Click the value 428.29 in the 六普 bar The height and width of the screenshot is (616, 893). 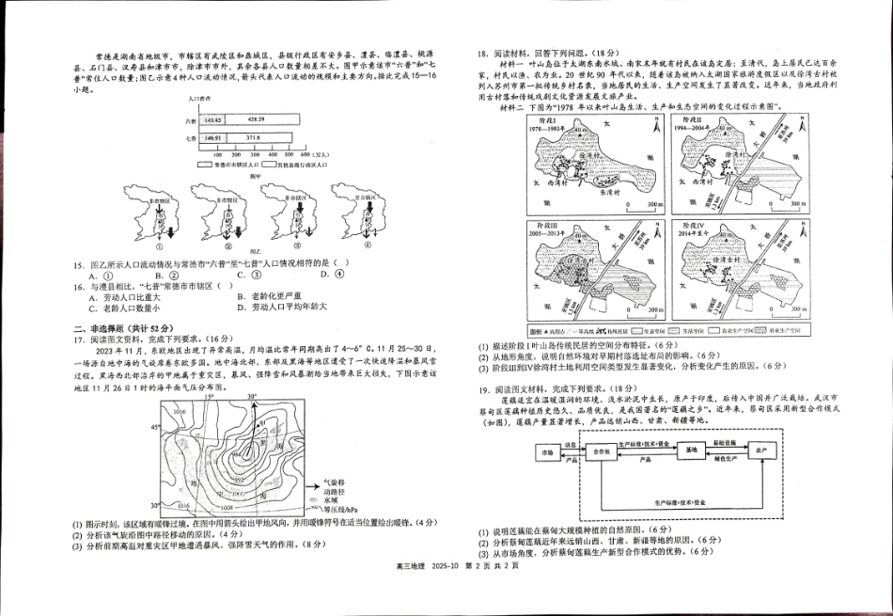click(x=256, y=120)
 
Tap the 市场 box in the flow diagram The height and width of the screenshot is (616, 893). click(x=546, y=452)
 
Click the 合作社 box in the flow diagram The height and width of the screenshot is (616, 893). click(x=603, y=452)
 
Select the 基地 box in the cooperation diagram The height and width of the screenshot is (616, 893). click(x=692, y=451)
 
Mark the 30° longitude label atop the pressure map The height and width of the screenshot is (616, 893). click(x=251, y=398)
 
